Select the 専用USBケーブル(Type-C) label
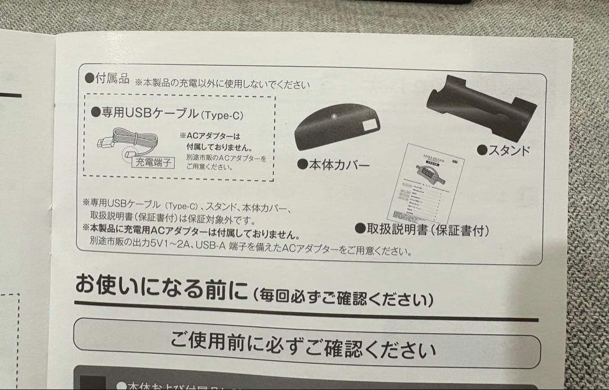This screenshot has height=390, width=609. coord(167,113)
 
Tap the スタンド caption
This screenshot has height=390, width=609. coord(504,150)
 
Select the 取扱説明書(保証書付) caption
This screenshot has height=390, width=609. coord(421,229)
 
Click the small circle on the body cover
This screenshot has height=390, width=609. coord(335,118)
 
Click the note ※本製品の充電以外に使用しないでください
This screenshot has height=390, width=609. coord(222,84)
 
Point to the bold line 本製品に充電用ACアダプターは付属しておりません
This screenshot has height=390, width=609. coord(191,231)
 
